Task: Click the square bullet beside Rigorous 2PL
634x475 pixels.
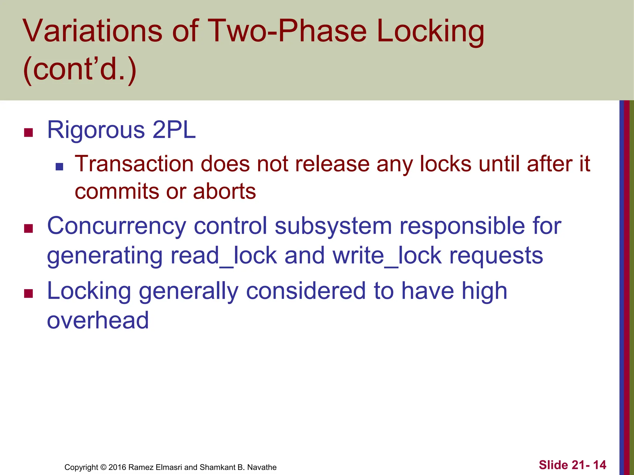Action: tap(28, 133)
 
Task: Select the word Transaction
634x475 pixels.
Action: tap(134, 164)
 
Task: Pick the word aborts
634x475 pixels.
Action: tap(224, 191)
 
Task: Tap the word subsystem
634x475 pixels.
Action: tap(333, 226)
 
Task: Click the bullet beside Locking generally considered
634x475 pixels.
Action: tap(28, 293)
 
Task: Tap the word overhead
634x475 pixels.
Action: tap(98, 320)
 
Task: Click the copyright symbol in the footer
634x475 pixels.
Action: tap(103, 467)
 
